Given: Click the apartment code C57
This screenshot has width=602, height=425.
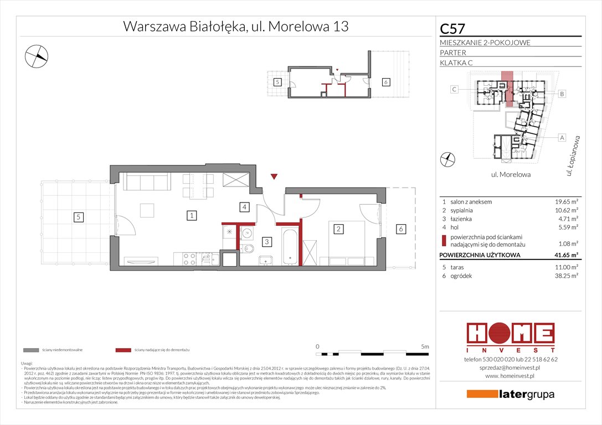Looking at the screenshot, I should click(452, 28).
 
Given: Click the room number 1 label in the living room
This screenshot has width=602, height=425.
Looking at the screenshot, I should click(190, 215).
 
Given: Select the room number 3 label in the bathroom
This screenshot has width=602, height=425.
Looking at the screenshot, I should click(266, 242).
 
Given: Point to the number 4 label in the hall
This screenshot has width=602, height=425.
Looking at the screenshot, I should click(243, 208).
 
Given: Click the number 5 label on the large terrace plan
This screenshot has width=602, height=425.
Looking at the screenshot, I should click(79, 218).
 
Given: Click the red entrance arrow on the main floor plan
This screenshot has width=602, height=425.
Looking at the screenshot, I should click(274, 177).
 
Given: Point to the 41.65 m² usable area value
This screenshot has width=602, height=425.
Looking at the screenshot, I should click(565, 255).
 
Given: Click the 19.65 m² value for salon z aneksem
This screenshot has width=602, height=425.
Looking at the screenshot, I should click(565, 202).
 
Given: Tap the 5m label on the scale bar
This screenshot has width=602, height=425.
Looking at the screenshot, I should click(424, 346).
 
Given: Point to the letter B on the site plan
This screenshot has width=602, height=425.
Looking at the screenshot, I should click(562, 94).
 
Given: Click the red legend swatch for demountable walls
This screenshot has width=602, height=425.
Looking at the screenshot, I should click(124, 350).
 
